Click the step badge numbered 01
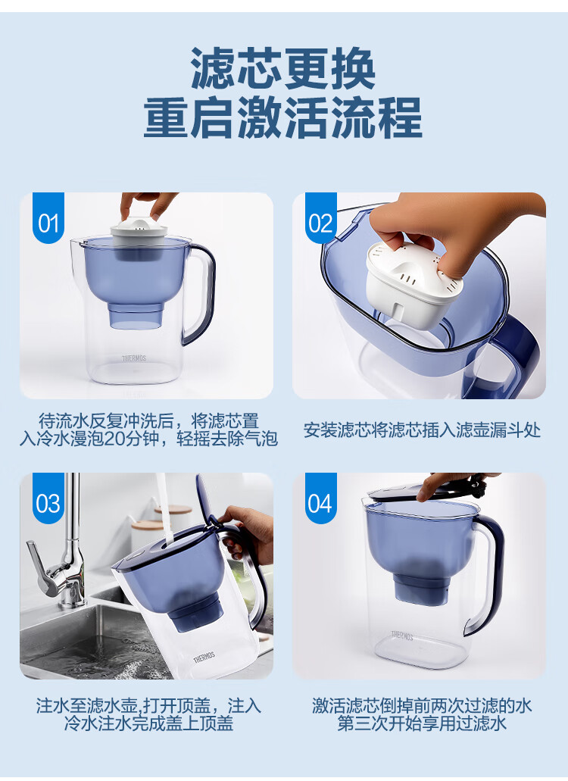tap(48, 217)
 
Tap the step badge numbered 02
tap(320, 217)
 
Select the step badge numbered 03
tap(48, 498)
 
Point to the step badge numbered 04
tap(320, 498)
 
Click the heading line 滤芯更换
tap(282, 68)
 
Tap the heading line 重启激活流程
tap(282, 117)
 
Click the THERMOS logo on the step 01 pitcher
tap(134, 358)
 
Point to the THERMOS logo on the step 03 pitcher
tap(204, 657)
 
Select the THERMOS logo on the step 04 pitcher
tap(402, 636)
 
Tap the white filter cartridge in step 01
tap(139, 238)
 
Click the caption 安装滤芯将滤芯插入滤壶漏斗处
tap(422, 430)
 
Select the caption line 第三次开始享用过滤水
tap(422, 723)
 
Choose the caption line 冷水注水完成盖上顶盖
tap(148, 723)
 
